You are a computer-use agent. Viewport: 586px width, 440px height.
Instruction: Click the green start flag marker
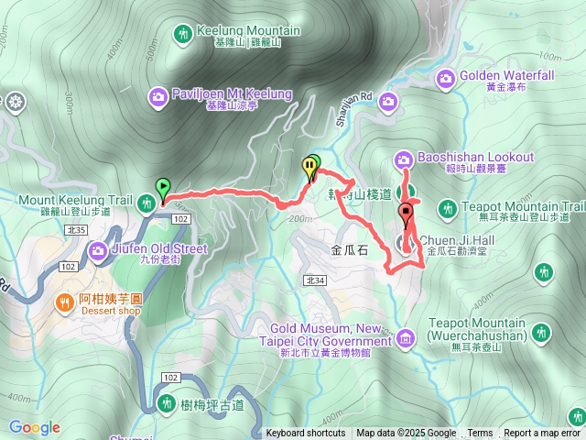(162, 188)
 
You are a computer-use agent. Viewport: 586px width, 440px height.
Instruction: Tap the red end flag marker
(406, 215)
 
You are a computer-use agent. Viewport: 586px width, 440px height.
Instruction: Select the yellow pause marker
(310, 168)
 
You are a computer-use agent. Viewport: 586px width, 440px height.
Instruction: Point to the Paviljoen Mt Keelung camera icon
(158, 94)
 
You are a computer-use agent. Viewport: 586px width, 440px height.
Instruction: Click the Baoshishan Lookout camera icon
(405, 159)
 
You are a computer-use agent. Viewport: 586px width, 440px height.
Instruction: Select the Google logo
(35, 428)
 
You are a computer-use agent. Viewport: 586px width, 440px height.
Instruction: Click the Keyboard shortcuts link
(306, 434)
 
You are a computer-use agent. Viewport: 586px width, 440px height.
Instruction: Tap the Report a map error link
(542, 434)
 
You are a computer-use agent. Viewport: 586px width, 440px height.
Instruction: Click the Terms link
(480, 434)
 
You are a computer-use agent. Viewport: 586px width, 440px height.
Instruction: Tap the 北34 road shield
(316, 280)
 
